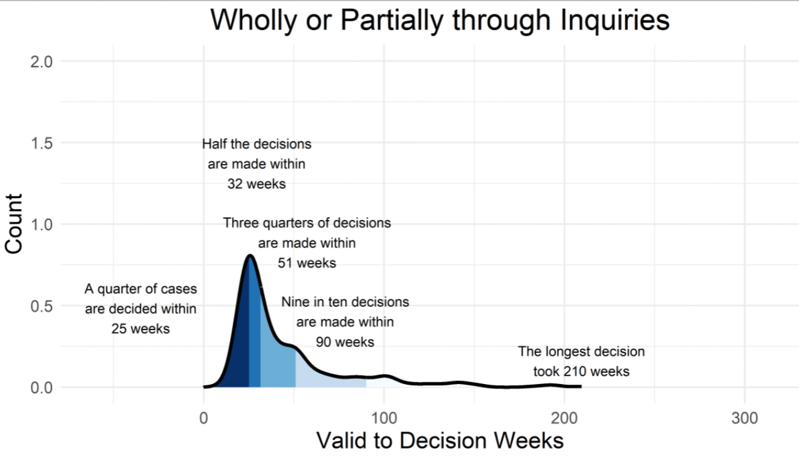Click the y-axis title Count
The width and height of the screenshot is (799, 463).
click(x=14, y=224)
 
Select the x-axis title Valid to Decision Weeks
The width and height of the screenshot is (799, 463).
click(x=440, y=440)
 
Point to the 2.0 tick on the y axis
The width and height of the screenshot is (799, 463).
click(x=41, y=61)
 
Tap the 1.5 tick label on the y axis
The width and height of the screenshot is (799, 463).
click(x=41, y=143)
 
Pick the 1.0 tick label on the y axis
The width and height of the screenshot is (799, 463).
click(x=41, y=224)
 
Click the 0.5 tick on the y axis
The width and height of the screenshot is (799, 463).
click(x=41, y=306)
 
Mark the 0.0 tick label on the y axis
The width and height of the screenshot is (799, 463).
click(x=41, y=387)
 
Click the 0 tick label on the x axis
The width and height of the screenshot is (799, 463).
click(x=203, y=417)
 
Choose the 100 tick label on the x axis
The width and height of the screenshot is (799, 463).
click(x=384, y=417)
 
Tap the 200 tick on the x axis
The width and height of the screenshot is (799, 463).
click(x=564, y=417)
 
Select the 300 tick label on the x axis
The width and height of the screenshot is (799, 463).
click(x=744, y=417)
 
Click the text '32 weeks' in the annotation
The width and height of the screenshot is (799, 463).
click(x=257, y=184)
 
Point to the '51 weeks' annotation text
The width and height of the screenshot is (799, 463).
click(x=307, y=263)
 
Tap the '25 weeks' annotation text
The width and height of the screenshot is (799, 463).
click(x=140, y=328)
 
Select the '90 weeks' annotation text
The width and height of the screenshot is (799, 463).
click(x=345, y=342)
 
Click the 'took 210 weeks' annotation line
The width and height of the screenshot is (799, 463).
click(x=581, y=372)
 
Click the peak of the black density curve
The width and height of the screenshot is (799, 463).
click(x=250, y=256)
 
